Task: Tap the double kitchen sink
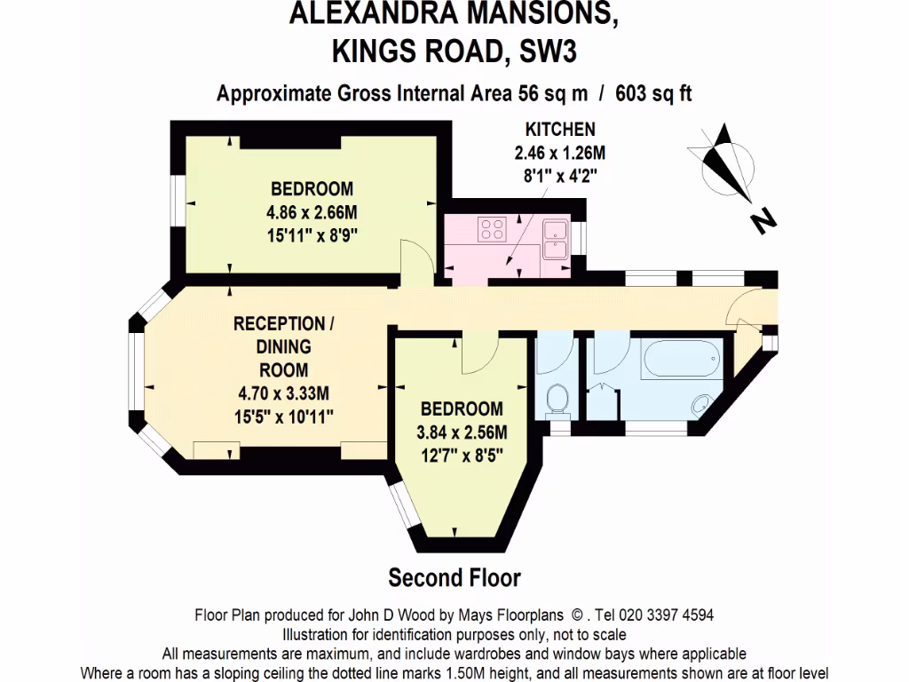click(556, 237)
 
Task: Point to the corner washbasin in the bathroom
click(701, 402)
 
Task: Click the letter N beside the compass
click(759, 222)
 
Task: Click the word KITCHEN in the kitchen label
click(559, 129)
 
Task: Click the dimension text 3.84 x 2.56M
click(462, 433)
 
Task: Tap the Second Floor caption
click(454, 578)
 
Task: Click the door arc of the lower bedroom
click(478, 354)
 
